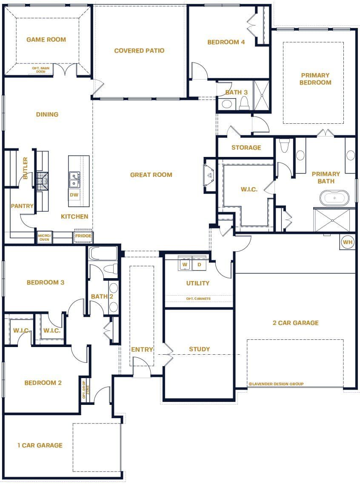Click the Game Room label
[46, 40]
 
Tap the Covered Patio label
[139, 51]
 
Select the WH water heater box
[348, 242]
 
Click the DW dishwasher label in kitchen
[74, 195]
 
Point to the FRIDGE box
[83, 236]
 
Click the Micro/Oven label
[44, 237]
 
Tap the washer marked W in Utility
[185, 265]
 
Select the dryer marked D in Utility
[199, 265]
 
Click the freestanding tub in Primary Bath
[334, 198]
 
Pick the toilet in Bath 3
[244, 103]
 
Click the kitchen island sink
[74, 179]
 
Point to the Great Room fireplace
[210, 175]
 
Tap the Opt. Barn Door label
[41, 70]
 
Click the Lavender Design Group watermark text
[276, 384]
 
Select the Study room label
[200, 349]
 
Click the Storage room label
[246, 148]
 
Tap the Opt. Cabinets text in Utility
[198, 299]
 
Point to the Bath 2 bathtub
[103, 254]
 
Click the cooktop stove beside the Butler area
[43, 181]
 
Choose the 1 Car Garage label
[40, 445]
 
